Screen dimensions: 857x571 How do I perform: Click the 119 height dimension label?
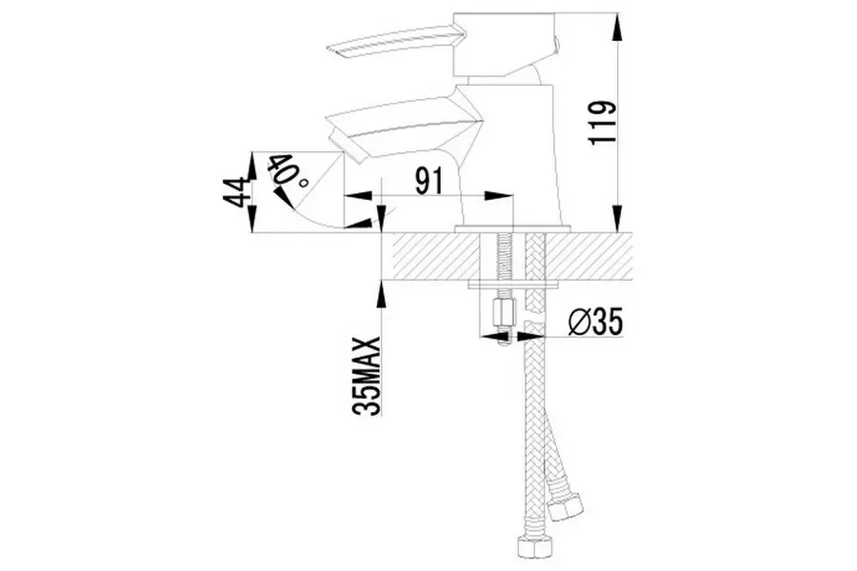pos(602,124)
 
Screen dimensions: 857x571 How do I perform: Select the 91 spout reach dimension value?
pos(429,182)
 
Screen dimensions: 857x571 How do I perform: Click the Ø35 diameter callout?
pos(595,323)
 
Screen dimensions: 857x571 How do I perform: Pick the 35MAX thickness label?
pos(367,377)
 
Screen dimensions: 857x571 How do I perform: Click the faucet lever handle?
pos(389,47)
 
